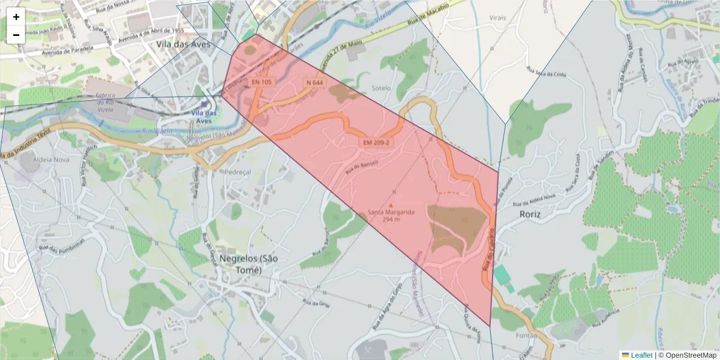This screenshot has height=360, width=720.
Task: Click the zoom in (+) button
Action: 16,17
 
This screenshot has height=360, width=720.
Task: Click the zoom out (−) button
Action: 16,35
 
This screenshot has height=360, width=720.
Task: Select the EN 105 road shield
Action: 262,82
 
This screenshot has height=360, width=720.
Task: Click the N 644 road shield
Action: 314,82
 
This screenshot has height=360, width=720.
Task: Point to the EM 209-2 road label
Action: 376,142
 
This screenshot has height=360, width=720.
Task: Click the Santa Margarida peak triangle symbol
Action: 391,205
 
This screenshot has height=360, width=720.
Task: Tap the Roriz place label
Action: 530,214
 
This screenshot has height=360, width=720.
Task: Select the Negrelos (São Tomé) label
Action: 241,264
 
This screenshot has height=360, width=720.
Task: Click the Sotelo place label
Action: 381,88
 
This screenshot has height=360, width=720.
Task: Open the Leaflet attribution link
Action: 637,355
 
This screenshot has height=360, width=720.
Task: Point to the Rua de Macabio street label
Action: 428,14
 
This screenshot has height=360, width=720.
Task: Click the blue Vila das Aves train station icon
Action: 205,104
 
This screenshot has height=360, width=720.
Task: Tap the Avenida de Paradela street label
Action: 68,50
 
